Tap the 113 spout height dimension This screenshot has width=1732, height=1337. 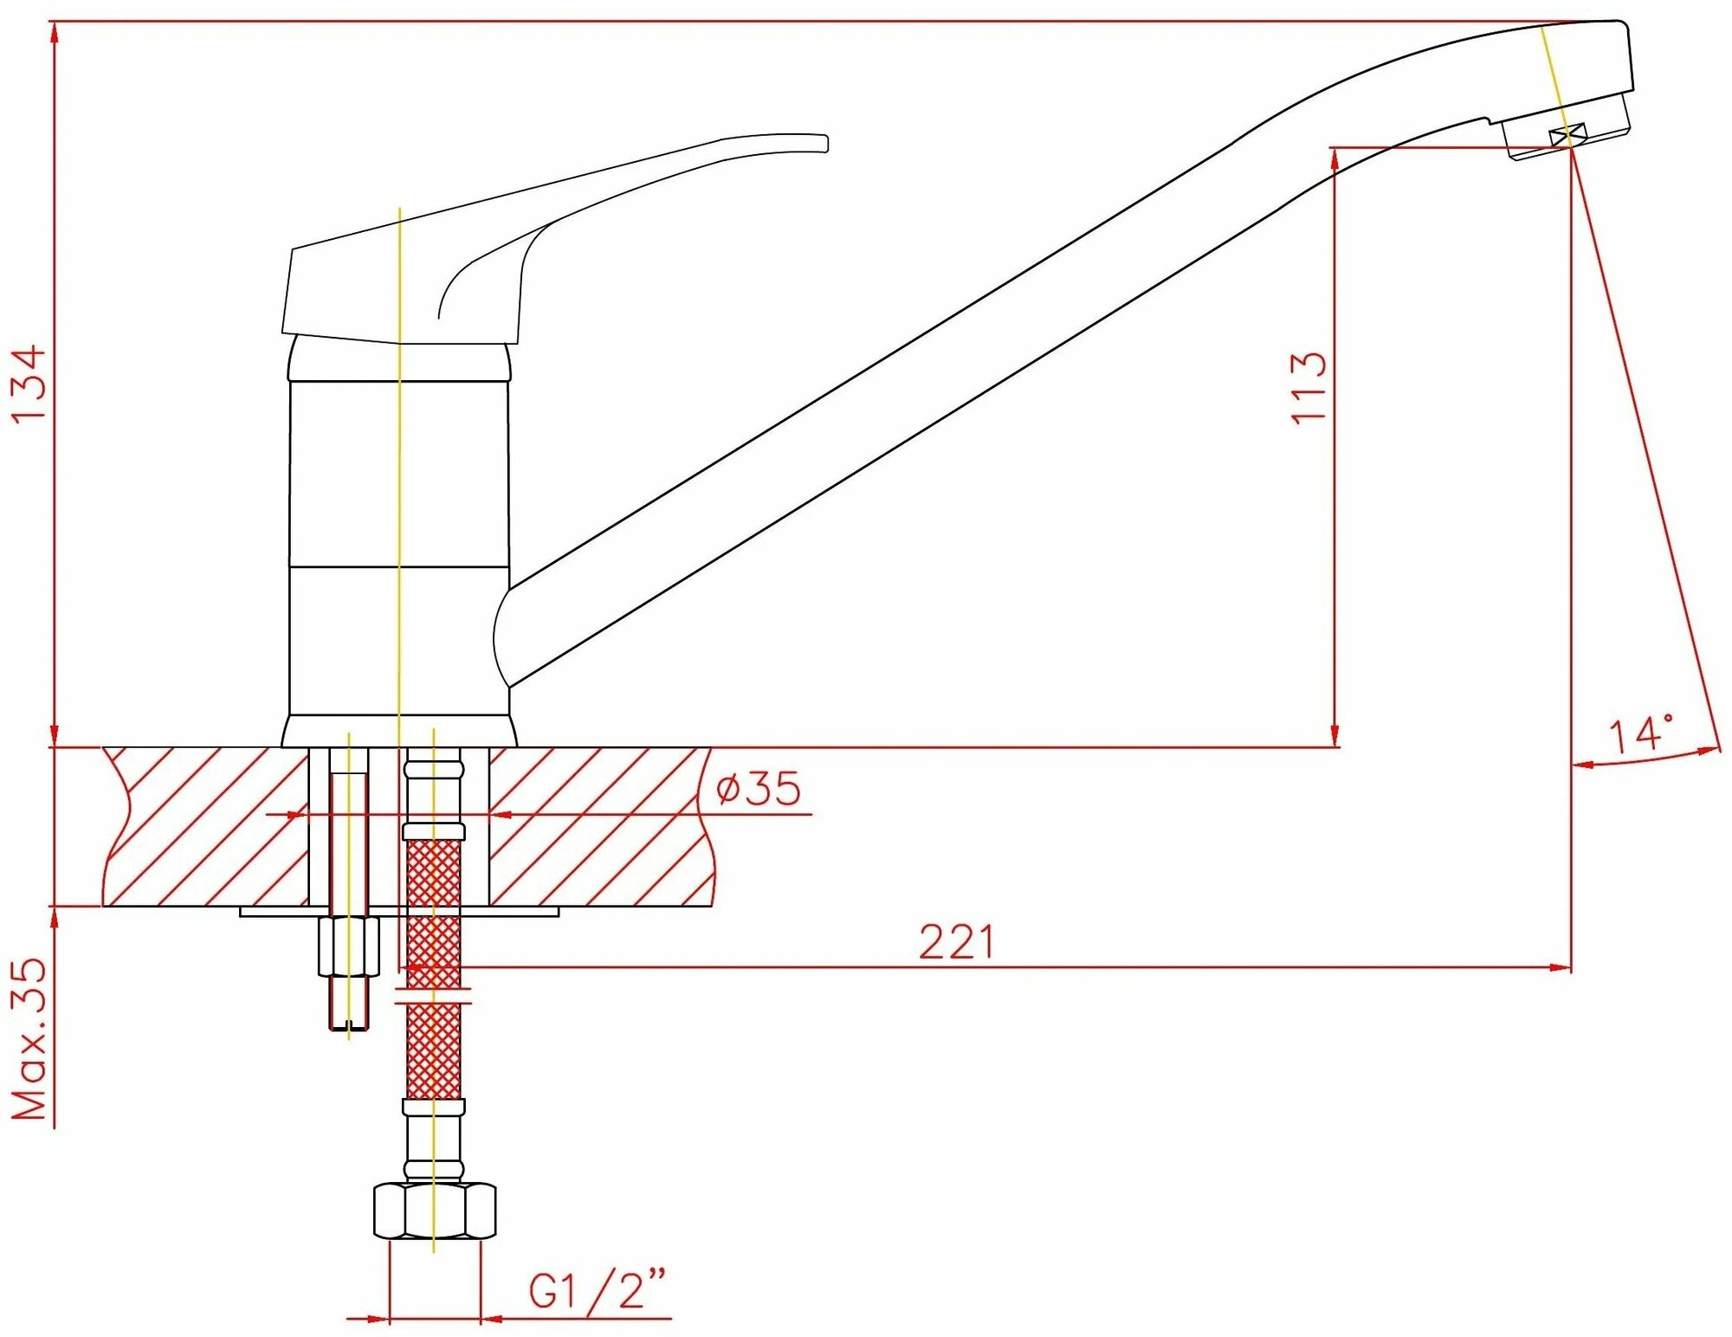coord(1309,387)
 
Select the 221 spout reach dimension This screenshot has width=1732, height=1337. coord(956,942)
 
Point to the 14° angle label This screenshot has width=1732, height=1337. coord(1640,735)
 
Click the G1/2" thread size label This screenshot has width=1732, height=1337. coord(598,1291)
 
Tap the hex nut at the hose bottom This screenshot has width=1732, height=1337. coord(434,1211)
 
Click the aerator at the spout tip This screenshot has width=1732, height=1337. coord(1567,133)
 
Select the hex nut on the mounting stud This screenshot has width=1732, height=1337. coord(349,947)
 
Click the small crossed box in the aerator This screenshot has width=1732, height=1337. coord(1567,135)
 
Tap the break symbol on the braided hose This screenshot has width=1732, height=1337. coord(433,996)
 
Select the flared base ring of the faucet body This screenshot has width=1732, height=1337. coord(399,731)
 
